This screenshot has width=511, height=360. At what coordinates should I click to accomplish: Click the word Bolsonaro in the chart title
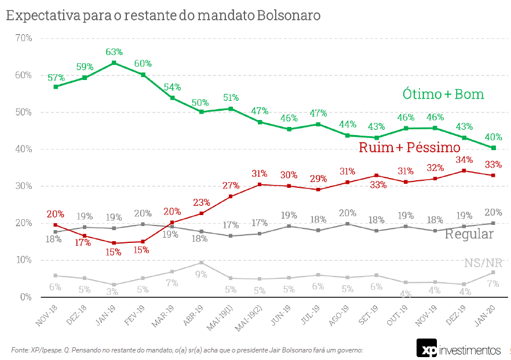coord(287,16)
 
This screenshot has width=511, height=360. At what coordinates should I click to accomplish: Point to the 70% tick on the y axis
coord(24,38)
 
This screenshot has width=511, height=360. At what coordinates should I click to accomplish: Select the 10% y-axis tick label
coord(24,260)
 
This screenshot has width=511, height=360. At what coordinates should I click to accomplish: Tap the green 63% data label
coord(114,52)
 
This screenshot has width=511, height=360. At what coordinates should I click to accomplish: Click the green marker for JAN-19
coord(114,63)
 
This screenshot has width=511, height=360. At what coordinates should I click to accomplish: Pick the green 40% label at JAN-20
coord(493,137)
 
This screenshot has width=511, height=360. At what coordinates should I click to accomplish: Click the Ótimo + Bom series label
coord(443,94)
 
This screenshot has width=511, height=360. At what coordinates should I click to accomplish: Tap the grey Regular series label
coord(469,234)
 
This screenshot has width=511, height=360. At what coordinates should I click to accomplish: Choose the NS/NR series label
coord(483,263)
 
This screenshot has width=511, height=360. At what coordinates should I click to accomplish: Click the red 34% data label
coord(464,160)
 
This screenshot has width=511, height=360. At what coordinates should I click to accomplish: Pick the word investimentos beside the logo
coord(470,350)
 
